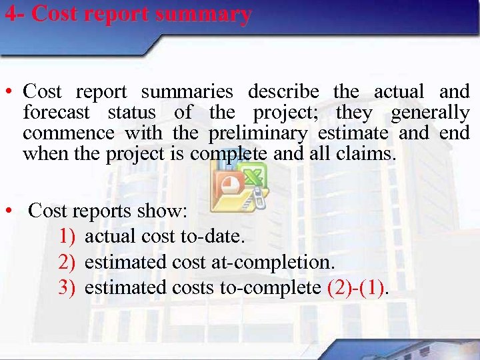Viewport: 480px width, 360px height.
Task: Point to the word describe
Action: coord(283,91)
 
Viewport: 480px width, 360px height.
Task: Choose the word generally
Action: coord(430,113)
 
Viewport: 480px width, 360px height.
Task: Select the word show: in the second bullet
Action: coord(162,211)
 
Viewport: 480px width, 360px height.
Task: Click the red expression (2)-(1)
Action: coord(357,287)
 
